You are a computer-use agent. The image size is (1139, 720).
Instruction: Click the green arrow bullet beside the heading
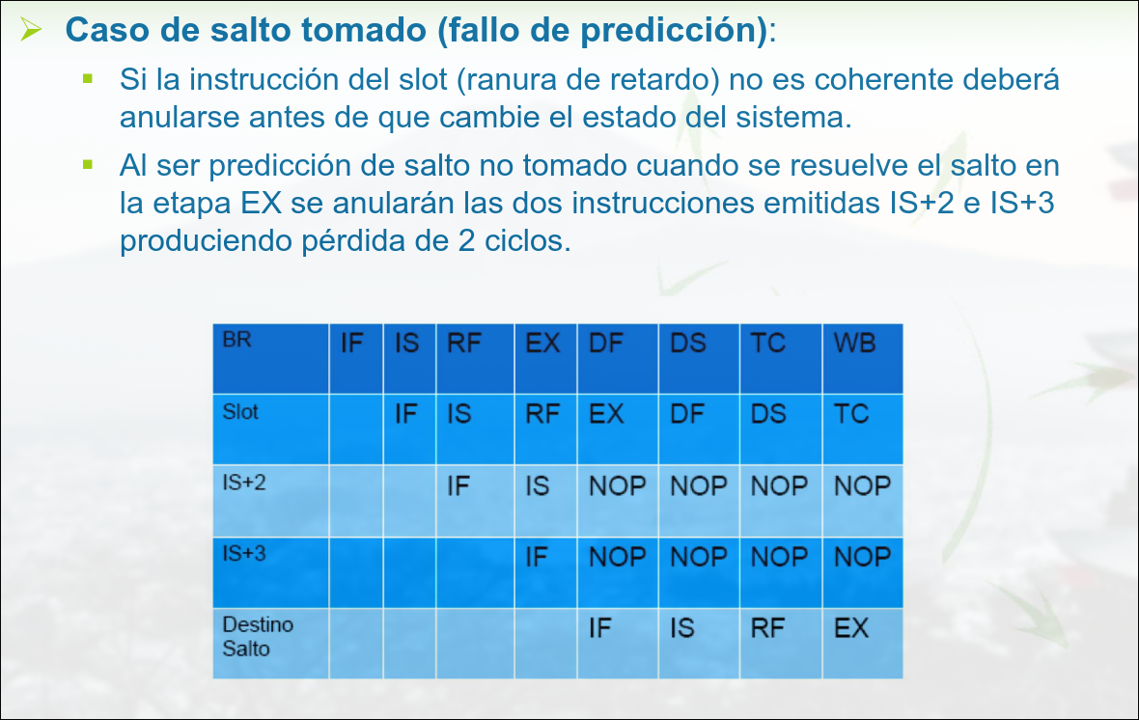point(31,29)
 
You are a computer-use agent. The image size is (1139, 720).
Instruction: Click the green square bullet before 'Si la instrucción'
point(88,78)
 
